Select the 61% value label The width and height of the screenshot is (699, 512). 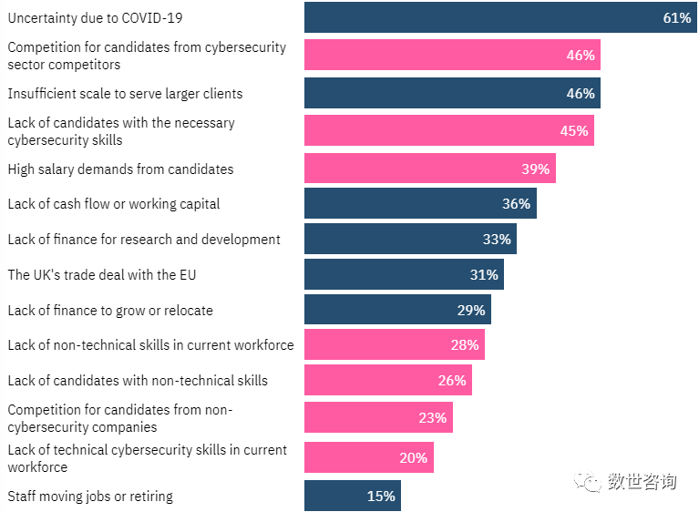tap(677, 18)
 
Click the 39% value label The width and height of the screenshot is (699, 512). tap(536, 169)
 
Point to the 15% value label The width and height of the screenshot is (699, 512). tap(381, 496)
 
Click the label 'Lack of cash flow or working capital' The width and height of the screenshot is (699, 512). tap(114, 204)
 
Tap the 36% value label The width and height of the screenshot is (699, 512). tap(516, 204)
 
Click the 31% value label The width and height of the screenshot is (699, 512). tap(484, 274)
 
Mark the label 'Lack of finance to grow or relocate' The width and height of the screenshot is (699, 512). tap(110, 311)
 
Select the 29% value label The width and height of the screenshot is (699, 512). tap(471, 311)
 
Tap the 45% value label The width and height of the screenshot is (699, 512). tap(574, 130)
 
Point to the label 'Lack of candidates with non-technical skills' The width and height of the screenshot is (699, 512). tap(138, 381)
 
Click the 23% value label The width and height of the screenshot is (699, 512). tap(433, 418)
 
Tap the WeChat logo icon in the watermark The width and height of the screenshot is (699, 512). tap(594, 482)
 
